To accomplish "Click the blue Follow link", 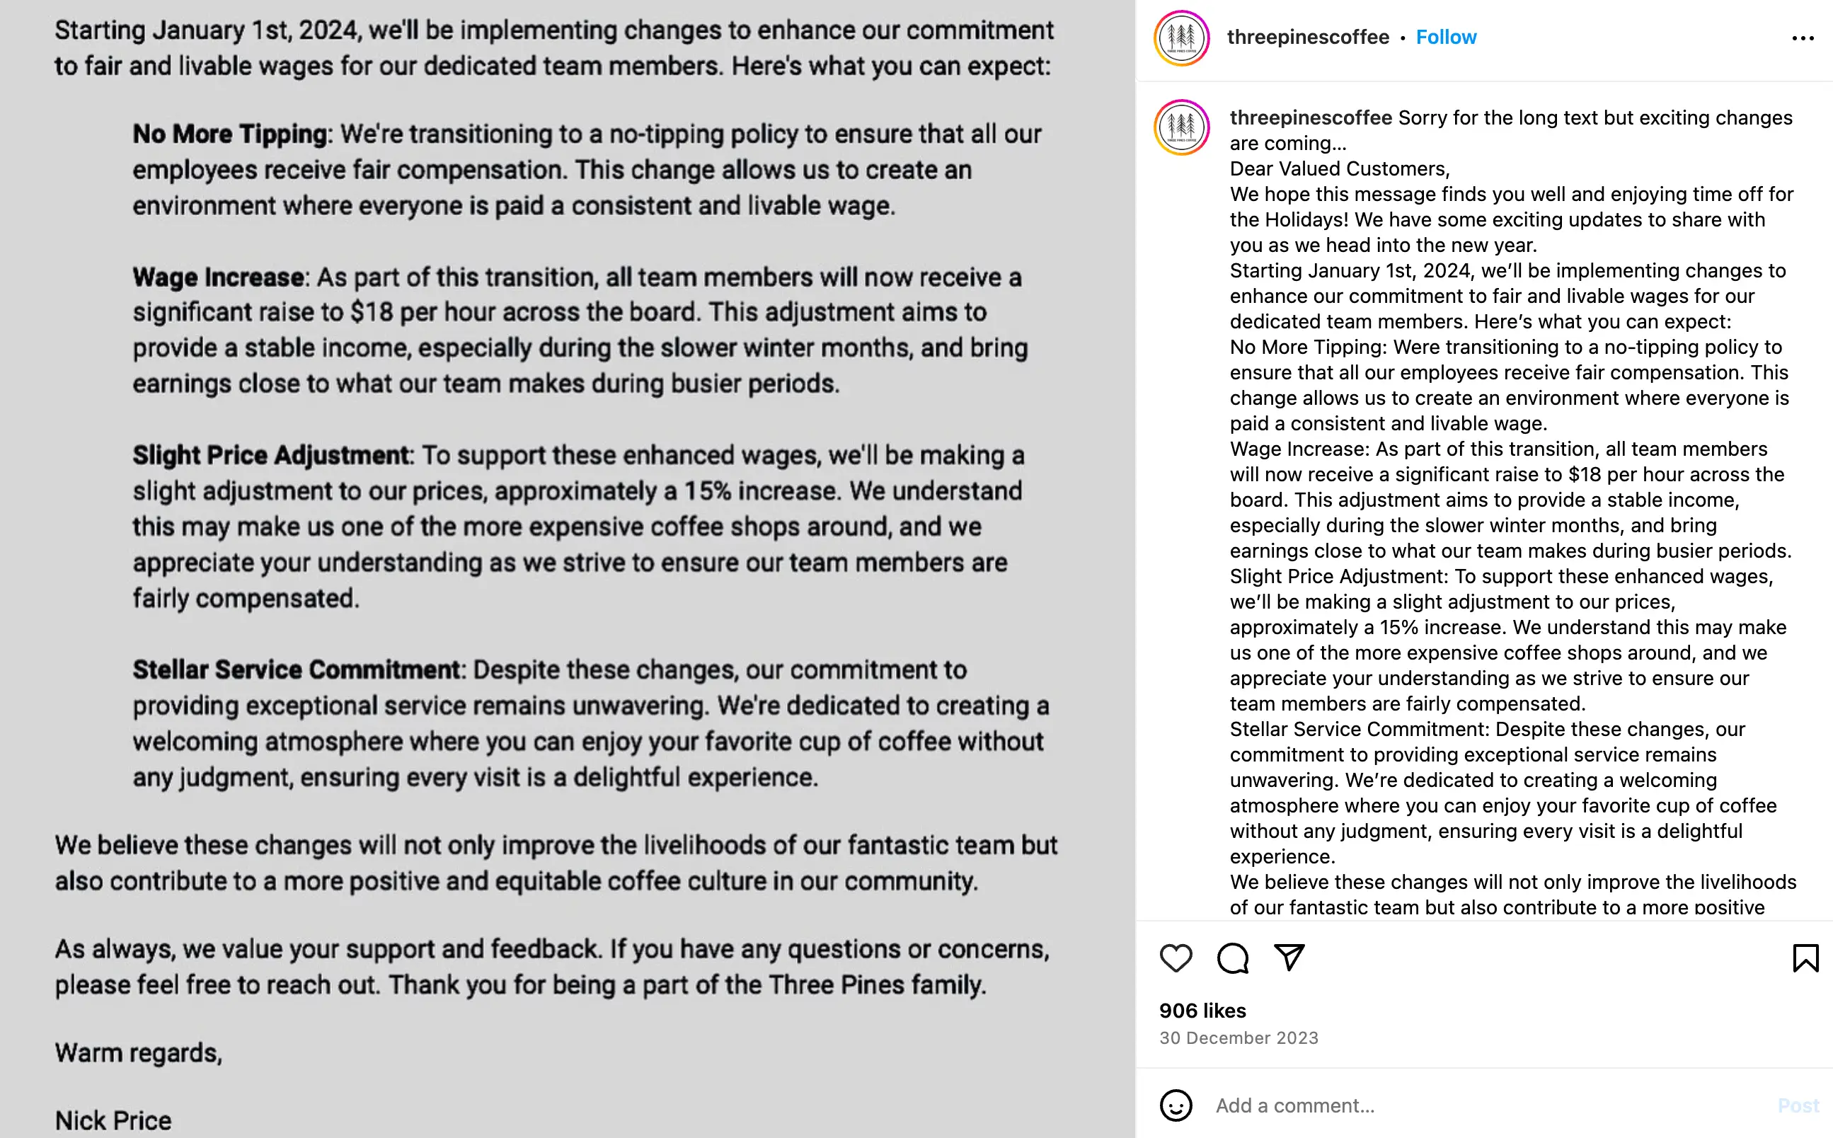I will pyautogui.click(x=1445, y=37).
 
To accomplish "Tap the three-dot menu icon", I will pyautogui.click(x=1803, y=38).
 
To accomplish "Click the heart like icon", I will pyautogui.click(x=1176, y=958).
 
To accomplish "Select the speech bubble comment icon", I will pyautogui.click(x=1233, y=958).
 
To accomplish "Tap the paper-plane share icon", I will pyautogui.click(x=1289, y=958).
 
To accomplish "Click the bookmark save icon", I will pyautogui.click(x=1805, y=958).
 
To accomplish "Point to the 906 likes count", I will pyautogui.click(x=1202, y=1011).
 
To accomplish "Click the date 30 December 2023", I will pyautogui.click(x=1239, y=1038).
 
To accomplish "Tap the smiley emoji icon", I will pyautogui.click(x=1176, y=1105).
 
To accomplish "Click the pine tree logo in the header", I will pyautogui.click(x=1181, y=38).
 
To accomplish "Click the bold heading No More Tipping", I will pyautogui.click(x=230, y=134).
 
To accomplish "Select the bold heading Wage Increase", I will pyautogui.click(x=219, y=277).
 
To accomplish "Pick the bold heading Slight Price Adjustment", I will pyautogui.click(x=271, y=455).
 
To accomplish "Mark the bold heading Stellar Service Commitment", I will pyautogui.click(x=296, y=670).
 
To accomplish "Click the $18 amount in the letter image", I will pyautogui.click(x=372, y=312).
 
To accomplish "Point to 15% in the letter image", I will pyautogui.click(x=707, y=491).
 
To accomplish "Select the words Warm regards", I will pyautogui.click(x=139, y=1053).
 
